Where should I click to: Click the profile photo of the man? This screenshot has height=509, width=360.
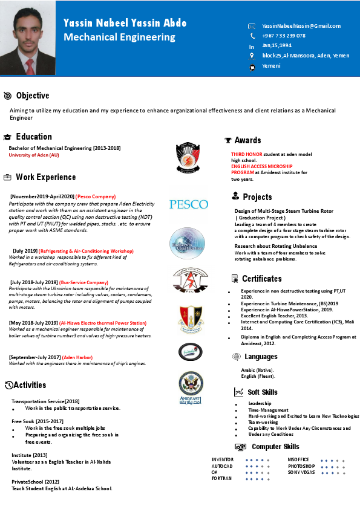(28, 38)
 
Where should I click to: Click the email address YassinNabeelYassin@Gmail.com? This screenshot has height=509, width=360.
(301, 26)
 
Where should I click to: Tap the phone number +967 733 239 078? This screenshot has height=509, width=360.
(284, 36)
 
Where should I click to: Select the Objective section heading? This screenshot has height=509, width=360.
(33, 96)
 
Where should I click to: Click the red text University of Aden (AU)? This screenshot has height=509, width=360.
(34, 155)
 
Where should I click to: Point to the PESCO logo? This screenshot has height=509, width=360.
(188, 204)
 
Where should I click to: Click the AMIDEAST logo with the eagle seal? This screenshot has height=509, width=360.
(191, 387)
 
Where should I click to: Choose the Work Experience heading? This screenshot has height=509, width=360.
(45, 177)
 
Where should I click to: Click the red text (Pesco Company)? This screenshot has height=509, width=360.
(96, 196)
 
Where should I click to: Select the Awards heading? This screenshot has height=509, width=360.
(247, 140)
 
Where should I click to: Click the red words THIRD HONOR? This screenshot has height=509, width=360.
(246, 155)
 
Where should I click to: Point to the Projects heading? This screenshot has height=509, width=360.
(257, 197)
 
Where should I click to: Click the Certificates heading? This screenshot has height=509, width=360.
(261, 279)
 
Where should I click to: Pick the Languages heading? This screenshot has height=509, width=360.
(261, 357)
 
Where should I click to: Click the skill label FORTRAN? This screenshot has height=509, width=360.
(221, 478)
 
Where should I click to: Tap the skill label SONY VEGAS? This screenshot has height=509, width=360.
(301, 472)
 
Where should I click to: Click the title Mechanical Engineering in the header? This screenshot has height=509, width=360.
(119, 37)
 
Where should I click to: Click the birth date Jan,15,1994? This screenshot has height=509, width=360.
(277, 45)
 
